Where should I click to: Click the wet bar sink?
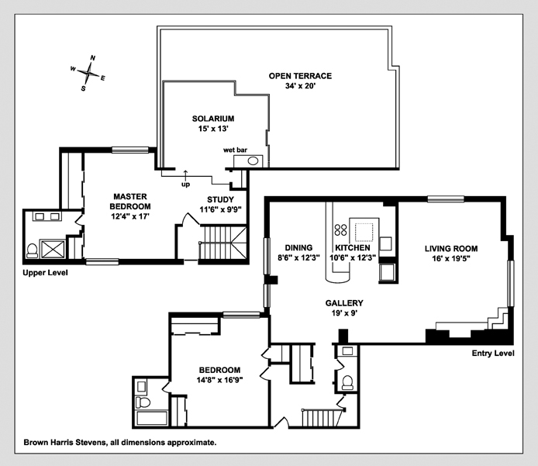pyautogui.click(x=253, y=161)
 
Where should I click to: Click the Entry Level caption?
pyautogui.click(x=493, y=354)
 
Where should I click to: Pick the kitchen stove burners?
pyautogui.click(x=340, y=230)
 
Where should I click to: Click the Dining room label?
pyautogui.click(x=298, y=248)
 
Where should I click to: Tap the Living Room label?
pyautogui.click(x=450, y=248)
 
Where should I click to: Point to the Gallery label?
pyautogui.click(x=345, y=303)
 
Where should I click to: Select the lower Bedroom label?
pyautogui.click(x=219, y=370)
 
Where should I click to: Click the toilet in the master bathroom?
pyautogui.click(x=32, y=250)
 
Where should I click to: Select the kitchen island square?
pyautogui.click(x=363, y=230)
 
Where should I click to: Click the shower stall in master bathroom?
pyautogui.click(x=53, y=248)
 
